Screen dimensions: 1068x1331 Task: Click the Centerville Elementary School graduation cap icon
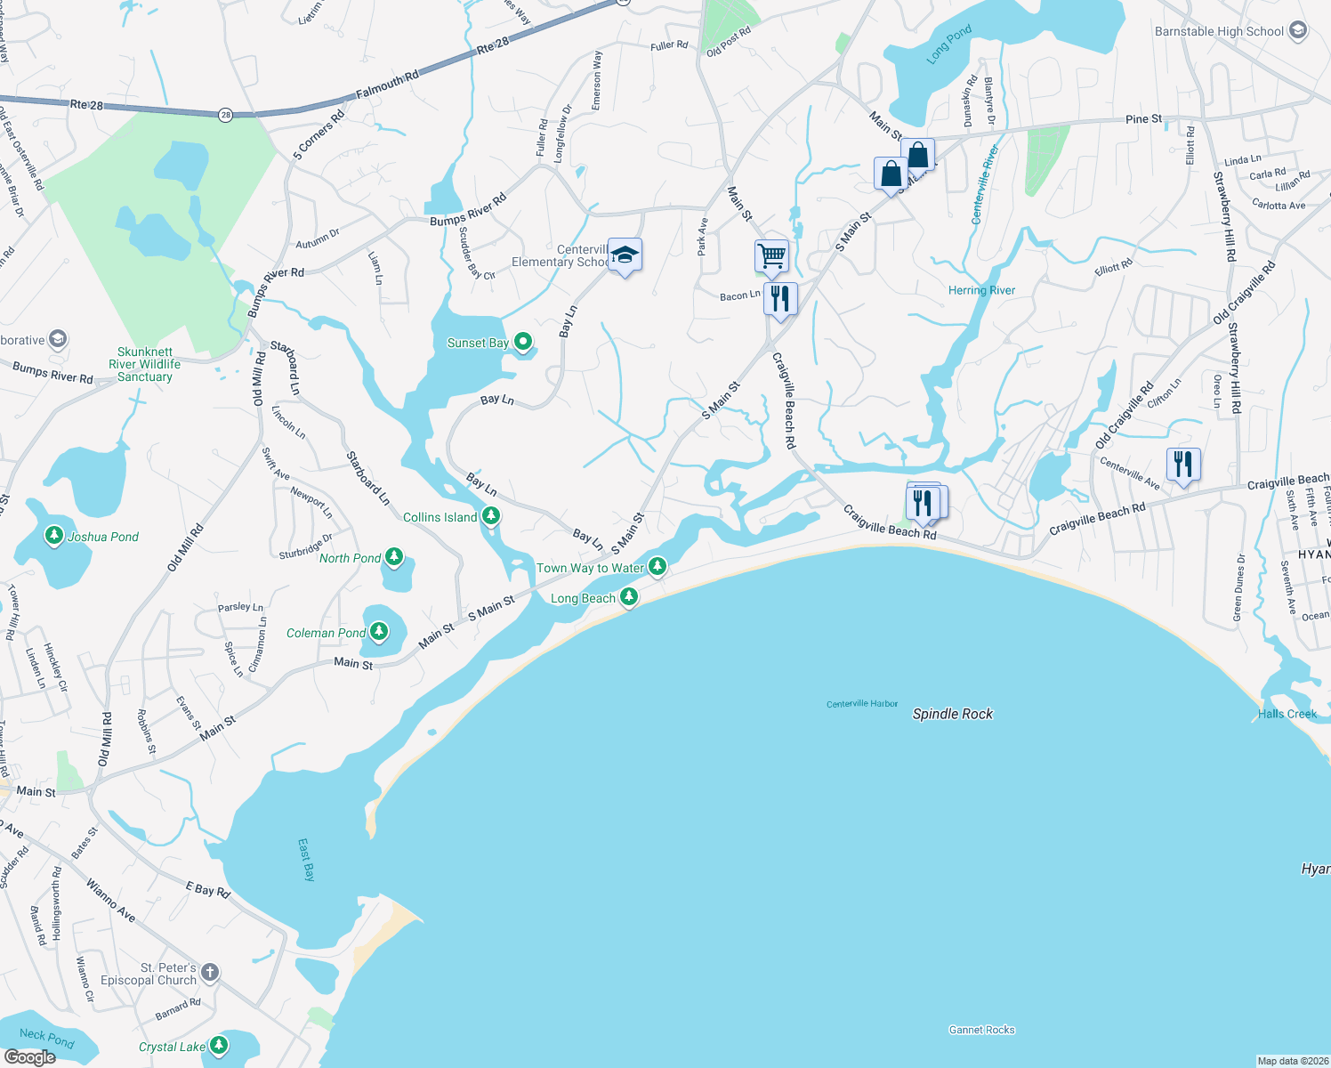click(625, 255)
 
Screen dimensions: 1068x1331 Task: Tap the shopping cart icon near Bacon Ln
click(771, 256)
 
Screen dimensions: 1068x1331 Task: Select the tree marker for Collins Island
click(490, 516)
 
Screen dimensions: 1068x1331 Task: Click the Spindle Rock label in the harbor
click(952, 714)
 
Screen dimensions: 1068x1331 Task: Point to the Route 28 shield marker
click(226, 115)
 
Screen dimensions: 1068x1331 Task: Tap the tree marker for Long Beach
click(629, 596)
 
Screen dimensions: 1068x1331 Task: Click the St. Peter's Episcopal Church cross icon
click(210, 972)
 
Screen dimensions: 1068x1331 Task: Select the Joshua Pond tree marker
click(54, 535)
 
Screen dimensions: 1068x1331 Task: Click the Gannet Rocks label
click(981, 1030)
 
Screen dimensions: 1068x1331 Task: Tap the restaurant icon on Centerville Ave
click(1182, 465)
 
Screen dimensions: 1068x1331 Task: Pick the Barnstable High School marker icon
click(1297, 31)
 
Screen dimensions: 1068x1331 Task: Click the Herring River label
click(981, 290)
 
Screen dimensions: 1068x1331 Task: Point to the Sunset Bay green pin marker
click(524, 341)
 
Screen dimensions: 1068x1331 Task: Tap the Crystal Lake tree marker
click(218, 1046)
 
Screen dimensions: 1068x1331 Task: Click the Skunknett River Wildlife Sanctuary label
click(145, 364)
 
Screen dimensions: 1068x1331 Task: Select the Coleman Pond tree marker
click(379, 632)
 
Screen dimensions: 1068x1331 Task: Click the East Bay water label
click(306, 860)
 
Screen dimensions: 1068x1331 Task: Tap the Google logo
click(29, 1056)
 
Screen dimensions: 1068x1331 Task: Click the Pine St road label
click(1143, 118)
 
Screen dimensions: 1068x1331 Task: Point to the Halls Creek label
click(1287, 714)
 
